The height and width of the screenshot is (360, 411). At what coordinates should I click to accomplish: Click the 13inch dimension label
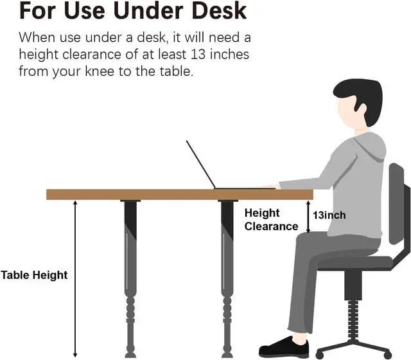(329, 215)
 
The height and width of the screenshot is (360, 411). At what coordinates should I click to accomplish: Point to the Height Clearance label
(271, 219)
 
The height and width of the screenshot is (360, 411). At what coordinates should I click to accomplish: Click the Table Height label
(34, 275)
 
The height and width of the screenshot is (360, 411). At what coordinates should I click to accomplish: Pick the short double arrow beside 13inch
(308, 216)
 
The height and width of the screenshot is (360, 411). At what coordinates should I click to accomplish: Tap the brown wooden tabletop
(161, 194)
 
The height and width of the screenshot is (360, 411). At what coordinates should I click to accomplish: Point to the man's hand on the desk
(271, 186)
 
